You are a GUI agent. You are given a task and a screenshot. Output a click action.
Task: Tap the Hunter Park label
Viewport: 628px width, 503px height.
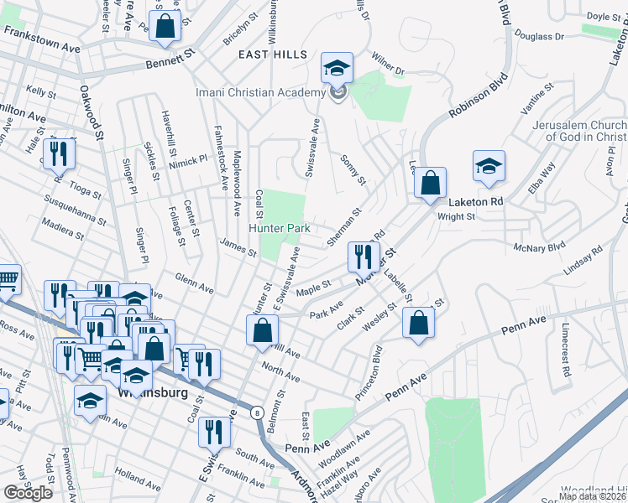coord(279,228)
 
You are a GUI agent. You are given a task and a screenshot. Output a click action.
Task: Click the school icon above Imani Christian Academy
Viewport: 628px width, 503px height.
coord(338,68)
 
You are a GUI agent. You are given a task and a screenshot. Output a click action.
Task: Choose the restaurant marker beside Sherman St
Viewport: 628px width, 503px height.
coord(364,257)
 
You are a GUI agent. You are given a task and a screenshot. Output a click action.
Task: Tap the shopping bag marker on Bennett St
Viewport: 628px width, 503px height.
coord(165,26)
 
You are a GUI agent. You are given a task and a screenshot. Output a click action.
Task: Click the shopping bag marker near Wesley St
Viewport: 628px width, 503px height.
coord(418,323)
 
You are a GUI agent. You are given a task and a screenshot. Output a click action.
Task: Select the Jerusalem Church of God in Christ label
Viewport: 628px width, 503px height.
coord(579,131)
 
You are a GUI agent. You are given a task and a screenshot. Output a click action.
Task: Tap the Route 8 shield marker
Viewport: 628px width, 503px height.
coord(256,412)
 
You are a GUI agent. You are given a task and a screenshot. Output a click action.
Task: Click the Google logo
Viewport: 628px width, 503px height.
coord(28,493)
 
